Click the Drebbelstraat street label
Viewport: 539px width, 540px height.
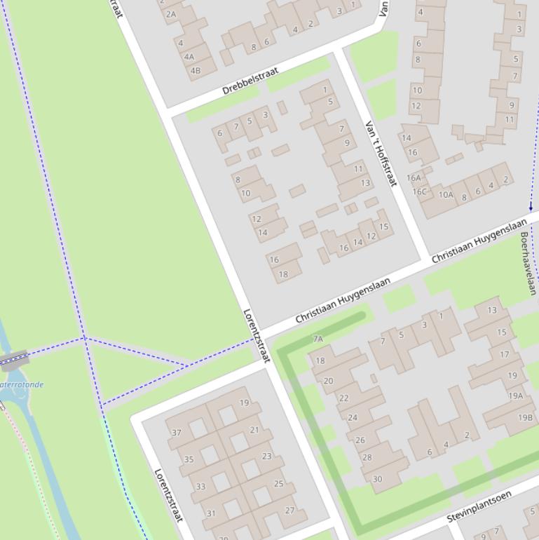coord(250,81)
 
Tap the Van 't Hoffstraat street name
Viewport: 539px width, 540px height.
coord(381,154)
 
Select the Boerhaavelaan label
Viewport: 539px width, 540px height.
coord(528,264)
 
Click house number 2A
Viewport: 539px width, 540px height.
coord(170,13)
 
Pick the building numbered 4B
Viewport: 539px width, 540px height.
coord(195,70)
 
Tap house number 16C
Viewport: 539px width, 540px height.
coord(419,191)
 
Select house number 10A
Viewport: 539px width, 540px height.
coord(446,195)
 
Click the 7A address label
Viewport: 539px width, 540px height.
coord(318,339)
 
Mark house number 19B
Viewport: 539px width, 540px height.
coord(525,417)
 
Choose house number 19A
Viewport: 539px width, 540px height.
coord(515,396)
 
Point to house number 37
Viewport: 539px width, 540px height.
coord(177,433)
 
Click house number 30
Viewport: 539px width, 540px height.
coord(377,479)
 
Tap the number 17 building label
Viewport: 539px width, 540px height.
coord(505,354)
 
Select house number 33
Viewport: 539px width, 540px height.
coord(200,486)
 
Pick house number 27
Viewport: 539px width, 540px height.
coord(289,511)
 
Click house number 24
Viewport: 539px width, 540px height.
coord(353,417)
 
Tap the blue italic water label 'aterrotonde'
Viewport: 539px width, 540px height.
coord(22,384)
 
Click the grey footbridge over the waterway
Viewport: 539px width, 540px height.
coord(14,360)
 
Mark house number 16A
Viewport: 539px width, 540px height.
coord(414,178)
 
